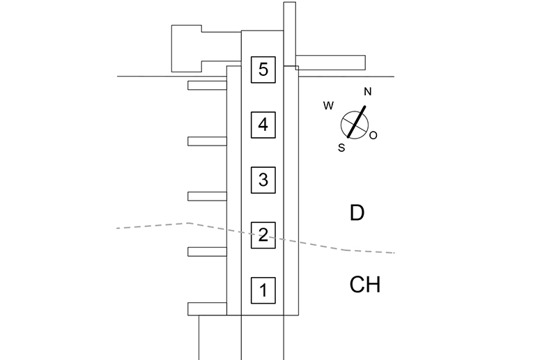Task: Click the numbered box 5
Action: [263, 70]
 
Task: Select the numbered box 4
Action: [263, 125]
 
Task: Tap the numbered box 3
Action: [263, 180]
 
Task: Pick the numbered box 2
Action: [263, 235]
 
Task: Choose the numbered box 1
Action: [263, 290]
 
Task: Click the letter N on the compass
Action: [368, 91]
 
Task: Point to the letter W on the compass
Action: [329, 106]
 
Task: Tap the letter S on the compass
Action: [341, 148]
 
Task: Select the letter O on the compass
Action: [373, 135]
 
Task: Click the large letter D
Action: [357, 212]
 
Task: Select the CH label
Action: [365, 285]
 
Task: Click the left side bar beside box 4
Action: [207, 141]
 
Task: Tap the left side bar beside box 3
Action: [207, 196]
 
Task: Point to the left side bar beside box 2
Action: [207, 251]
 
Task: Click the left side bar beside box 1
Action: [207, 308]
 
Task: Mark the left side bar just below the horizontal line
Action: [207, 86]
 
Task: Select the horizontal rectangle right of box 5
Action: [330, 62]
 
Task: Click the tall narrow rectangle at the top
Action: [290, 33]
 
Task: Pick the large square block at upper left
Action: [186, 49]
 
